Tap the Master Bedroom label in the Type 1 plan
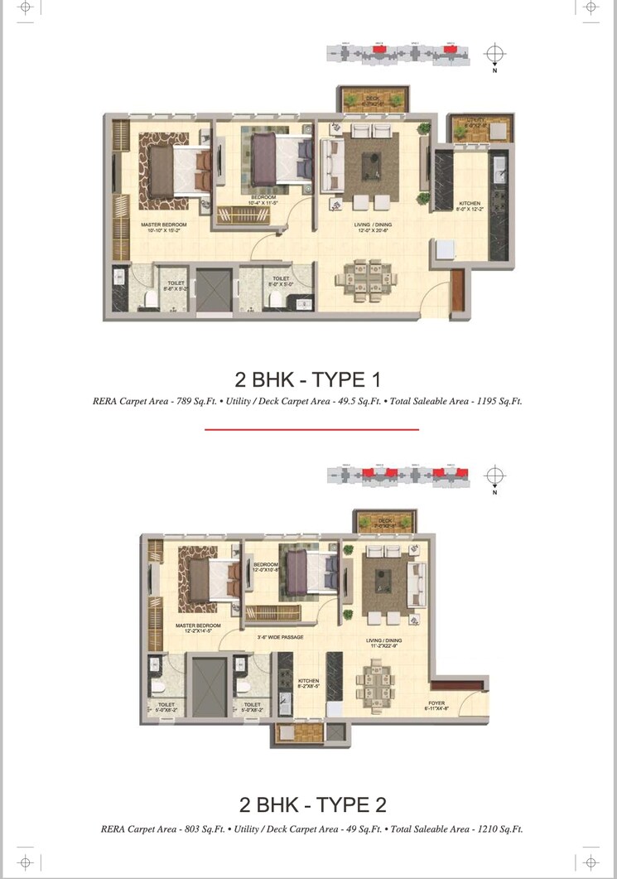click(x=164, y=225)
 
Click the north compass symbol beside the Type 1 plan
click(x=494, y=56)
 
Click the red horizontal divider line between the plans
click(x=311, y=429)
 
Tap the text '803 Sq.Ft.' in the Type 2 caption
click(x=226, y=828)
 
